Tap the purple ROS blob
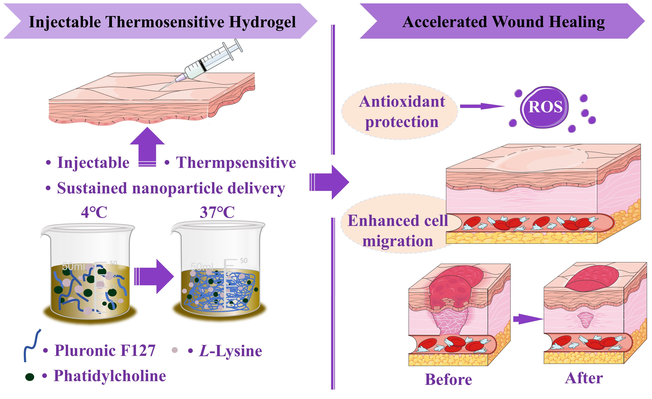tap(545, 107)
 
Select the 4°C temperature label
tap(94, 212)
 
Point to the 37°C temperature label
tap(217, 212)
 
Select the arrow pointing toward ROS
tap(482, 106)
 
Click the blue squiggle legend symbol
tap(32, 345)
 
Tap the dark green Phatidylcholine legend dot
tap(30, 377)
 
